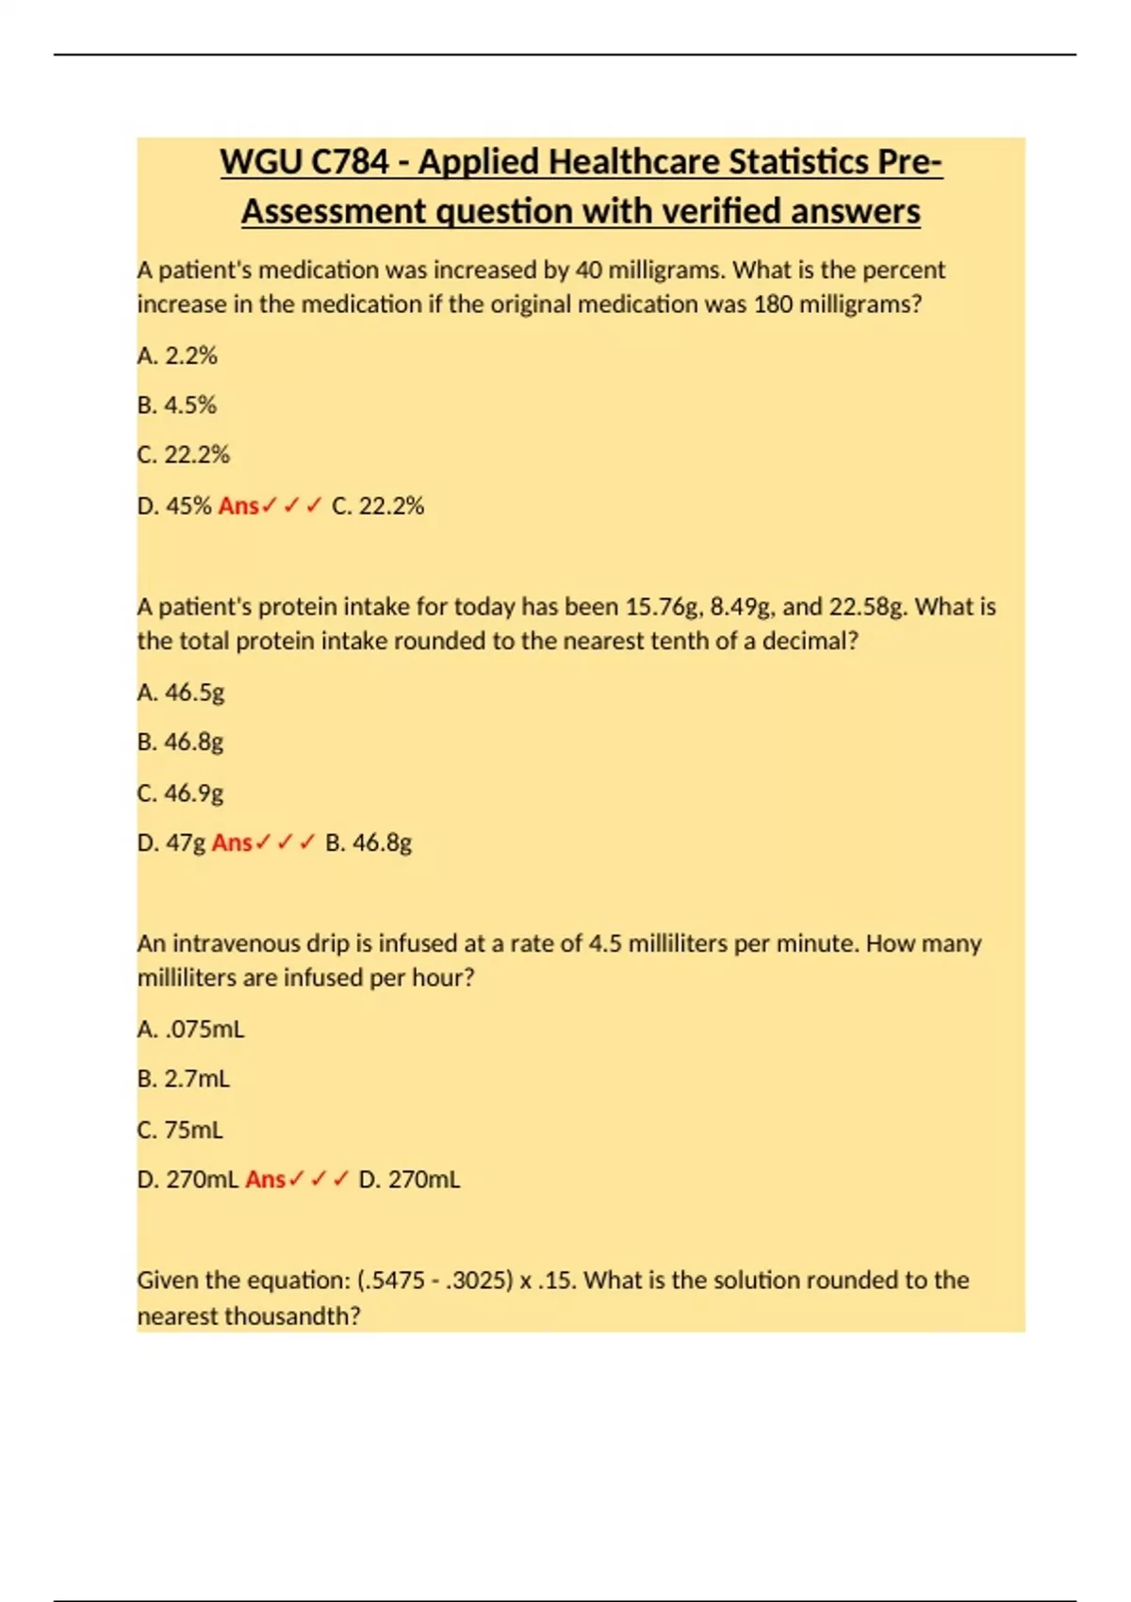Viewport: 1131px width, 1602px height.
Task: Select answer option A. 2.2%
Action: click(x=177, y=355)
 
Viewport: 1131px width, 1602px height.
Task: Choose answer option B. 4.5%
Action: click(x=177, y=405)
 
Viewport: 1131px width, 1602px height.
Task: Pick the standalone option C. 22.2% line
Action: click(x=184, y=454)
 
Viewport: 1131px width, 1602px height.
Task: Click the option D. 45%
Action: click(x=174, y=506)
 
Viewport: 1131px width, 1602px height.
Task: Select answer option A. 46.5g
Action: click(x=181, y=693)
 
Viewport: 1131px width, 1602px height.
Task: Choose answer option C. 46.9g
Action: click(x=181, y=793)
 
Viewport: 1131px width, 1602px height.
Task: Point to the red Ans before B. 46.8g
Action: click(x=232, y=842)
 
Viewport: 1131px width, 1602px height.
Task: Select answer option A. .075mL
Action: click(x=191, y=1029)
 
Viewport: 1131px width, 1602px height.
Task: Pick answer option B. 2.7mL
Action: click(x=184, y=1078)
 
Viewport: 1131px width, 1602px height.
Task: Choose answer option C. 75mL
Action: click(x=181, y=1129)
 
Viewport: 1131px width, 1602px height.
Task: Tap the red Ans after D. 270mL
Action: click(x=265, y=1179)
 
